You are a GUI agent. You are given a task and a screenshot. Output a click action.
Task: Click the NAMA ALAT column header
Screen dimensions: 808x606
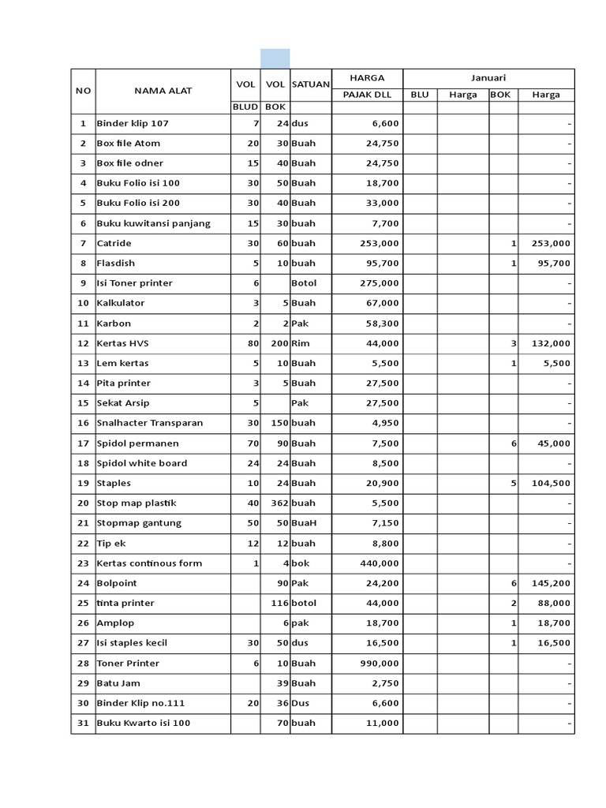point(163,90)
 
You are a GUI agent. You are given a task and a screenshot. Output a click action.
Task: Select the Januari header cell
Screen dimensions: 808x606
point(488,77)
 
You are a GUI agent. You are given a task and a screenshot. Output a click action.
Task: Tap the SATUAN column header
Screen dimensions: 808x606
point(310,84)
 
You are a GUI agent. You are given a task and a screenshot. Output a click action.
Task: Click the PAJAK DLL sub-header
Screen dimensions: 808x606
point(366,95)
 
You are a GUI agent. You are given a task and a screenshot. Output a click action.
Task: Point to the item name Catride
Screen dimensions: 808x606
point(114,243)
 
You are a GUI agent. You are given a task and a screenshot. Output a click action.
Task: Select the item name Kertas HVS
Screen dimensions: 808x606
point(122,343)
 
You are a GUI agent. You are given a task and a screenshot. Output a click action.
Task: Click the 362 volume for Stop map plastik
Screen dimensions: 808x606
point(276,503)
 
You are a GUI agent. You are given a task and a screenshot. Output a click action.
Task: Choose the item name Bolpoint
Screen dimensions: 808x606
point(116,583)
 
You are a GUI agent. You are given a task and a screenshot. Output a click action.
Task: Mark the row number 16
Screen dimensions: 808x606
point(83,423)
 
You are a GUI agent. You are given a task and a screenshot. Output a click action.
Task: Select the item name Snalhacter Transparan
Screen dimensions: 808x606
point(149,423)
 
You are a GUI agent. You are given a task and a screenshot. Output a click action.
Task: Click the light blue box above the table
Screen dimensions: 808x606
point(275,58)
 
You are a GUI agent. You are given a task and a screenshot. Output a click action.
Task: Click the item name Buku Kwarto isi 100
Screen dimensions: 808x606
point(143,723)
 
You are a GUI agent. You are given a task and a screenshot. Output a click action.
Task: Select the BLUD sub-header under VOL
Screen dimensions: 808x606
point(245,106)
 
